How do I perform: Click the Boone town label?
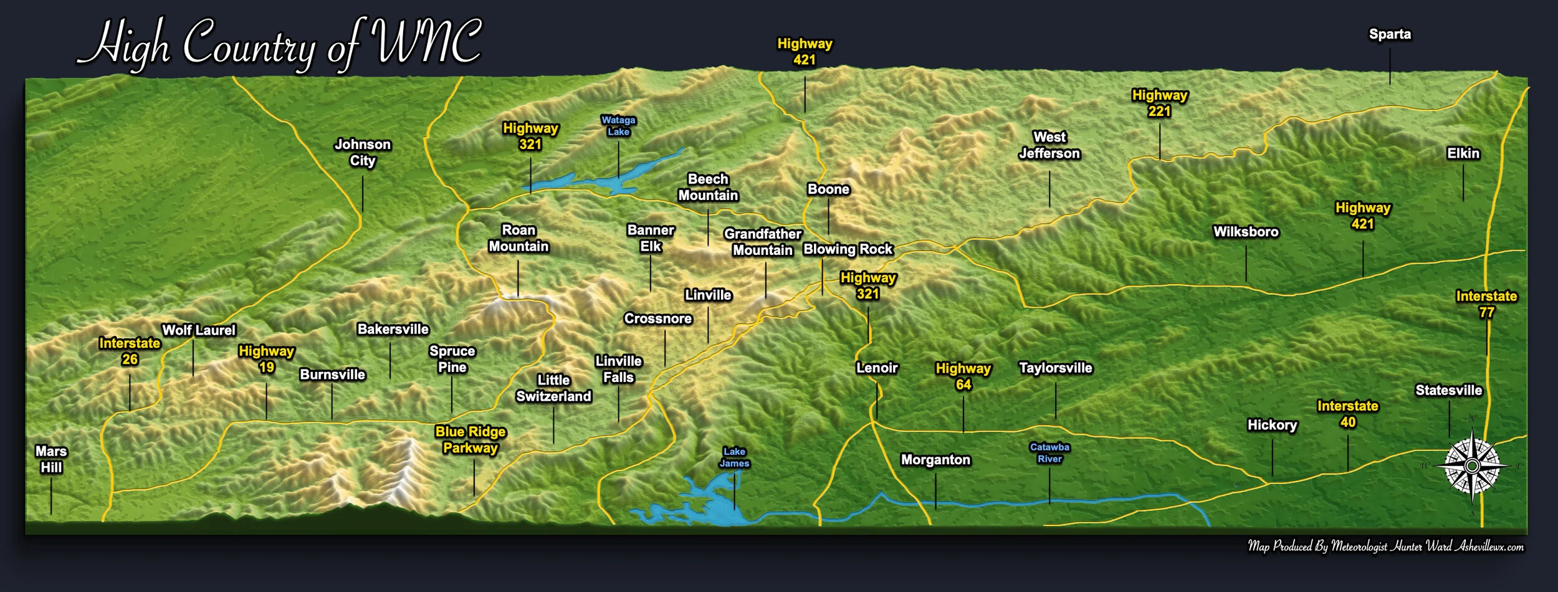[x=828, y=189]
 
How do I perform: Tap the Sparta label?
[x=1389, y=34]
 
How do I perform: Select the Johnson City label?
[x=362, y=153]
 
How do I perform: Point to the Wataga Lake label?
[x=618, y=125]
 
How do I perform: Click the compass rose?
[x=1472, y=466]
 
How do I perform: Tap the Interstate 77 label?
[x=1486, y=304]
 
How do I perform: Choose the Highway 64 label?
[x=963, y=376]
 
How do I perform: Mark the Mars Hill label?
[x=51, y=459]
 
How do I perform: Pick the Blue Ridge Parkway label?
[x=471, y=439]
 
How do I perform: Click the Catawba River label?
[x=1049, y=453]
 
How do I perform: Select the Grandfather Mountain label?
[x=763, y=242]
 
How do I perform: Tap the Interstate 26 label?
[x=130, y=351]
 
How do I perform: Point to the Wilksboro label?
[x=1245, y=232]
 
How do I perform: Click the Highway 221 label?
[x=1159, y=103]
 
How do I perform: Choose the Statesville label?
[x=1448, y=390]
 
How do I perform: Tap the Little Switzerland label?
[x=553, y=388]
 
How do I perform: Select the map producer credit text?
[x=1385, y=547]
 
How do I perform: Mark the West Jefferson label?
[x=1049, y=145]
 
